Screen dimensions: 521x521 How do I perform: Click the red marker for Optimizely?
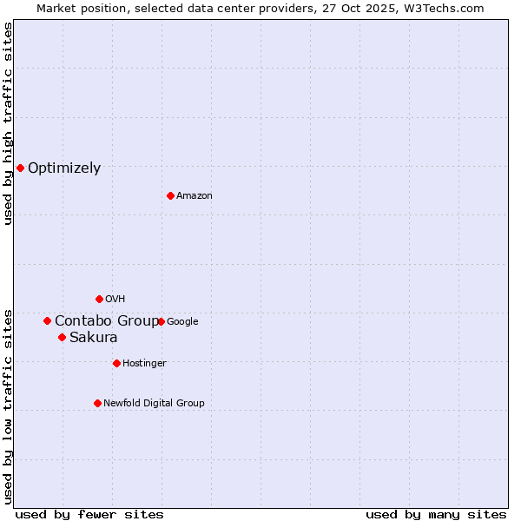click(20, 168)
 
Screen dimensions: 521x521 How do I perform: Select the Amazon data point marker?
click(170, 195)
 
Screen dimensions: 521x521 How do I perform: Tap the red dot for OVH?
click(99, 299)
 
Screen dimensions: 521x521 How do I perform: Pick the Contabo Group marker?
click(47, 320)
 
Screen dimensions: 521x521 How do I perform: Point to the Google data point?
click(161, 321)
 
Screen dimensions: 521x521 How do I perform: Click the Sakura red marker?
click(62, 337)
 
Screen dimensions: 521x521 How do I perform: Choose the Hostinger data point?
click(116, 363)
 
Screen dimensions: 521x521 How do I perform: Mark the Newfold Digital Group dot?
click(97, 403)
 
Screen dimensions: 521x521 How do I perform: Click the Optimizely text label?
click(64, 168)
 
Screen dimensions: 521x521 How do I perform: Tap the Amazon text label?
click(195, 196)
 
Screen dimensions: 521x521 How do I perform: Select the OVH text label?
click(115, 300)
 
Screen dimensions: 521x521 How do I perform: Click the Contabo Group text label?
click(106, 321)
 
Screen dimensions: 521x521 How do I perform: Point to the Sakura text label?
click(93, 338)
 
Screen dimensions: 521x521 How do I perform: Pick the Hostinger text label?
click(144, 364)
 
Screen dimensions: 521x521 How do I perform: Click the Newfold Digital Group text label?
click(154, 404)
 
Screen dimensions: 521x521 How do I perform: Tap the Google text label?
click(182, 322)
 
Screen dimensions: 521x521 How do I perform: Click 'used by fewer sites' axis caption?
click(89, 514)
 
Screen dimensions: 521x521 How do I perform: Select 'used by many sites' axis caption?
click(436, 514)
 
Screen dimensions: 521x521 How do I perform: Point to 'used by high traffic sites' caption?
click(8, 123)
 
